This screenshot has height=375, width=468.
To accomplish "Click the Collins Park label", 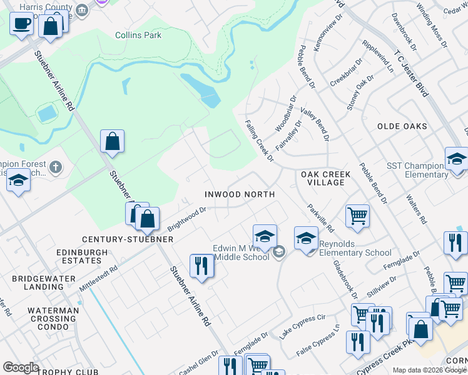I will tap(138, 35).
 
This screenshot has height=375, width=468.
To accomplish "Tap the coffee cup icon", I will tap(22, 25).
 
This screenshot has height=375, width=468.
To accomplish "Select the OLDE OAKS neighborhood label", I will tap(402, 126).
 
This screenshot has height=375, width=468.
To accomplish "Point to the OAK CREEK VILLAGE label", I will tap(323, 178).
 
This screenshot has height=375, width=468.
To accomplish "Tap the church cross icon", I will tap(56, 167).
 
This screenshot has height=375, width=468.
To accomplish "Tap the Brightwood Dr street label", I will tap(186, 218).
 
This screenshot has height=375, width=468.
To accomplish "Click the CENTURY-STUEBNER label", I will tap(128, 239).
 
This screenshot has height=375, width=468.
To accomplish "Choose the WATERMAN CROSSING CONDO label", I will tap(53, 315).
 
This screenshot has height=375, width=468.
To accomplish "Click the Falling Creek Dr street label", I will tap(260, 141).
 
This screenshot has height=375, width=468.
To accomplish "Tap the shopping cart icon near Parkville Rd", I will tap(357, 216).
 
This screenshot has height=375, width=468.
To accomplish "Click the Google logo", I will tap(20, 367).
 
